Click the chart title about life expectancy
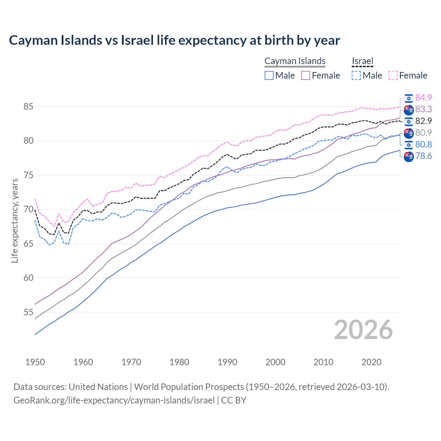174,40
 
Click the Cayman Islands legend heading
295,61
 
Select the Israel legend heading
362,61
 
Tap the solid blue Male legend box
269,75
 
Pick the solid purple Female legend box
306,75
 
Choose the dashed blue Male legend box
357,75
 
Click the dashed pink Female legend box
393,75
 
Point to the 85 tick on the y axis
28,107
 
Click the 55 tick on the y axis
28,312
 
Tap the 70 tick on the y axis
28,209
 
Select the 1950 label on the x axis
35,362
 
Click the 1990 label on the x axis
227,362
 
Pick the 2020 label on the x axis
371,362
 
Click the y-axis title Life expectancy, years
14,220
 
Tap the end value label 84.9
423,98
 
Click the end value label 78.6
423,156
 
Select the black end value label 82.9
423,121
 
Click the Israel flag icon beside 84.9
409,98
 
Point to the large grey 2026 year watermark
363,330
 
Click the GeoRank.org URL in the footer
114,400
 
